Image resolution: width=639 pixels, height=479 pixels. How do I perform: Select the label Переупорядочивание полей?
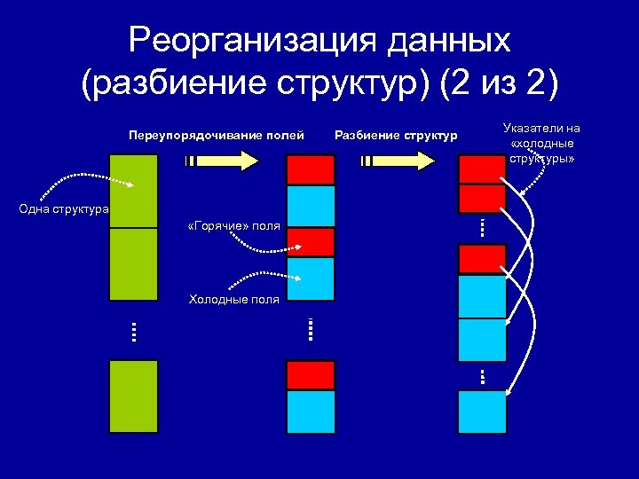pos(216,135)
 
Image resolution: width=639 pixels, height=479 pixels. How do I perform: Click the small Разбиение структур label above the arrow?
pos(396,135)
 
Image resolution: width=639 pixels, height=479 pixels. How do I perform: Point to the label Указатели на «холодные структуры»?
pos(541,144)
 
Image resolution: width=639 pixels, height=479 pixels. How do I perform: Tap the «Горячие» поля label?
pos(234,226)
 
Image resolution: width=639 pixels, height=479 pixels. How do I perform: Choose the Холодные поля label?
pos(234,299)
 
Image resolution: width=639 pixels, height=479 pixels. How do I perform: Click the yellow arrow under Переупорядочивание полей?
pos(222,161)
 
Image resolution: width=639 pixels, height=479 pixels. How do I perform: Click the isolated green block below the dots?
pos(133,396)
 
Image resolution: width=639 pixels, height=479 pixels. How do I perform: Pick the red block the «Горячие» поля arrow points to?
pos(310,242)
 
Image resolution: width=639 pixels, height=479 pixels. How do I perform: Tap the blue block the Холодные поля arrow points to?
pos(310,279)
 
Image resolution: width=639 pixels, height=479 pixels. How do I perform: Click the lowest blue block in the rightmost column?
pos(482,411)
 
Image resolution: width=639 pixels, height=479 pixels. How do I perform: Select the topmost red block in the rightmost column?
pos(482,169)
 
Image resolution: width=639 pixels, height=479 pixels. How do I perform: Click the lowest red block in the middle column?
pos(310,374)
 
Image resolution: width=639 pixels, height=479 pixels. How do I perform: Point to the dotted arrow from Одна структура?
pos(84,182)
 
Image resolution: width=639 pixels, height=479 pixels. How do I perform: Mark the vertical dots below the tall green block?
pos(133,332)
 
